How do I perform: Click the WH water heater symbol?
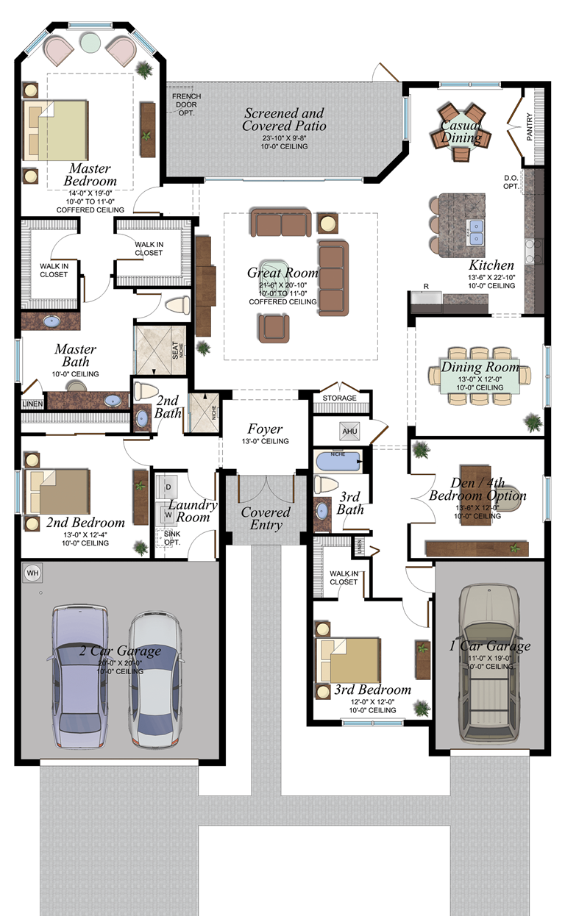[32, 572]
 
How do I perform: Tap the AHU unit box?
[349, 431]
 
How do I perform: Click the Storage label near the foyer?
[339, 398]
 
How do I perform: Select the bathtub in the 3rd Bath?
[338, 462]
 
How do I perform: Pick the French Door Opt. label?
[186, 105]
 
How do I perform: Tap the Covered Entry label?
[266, 518]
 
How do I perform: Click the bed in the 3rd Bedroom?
[349, 659]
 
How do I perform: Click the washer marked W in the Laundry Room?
[168, 515]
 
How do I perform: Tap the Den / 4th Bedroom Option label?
[478, 489]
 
